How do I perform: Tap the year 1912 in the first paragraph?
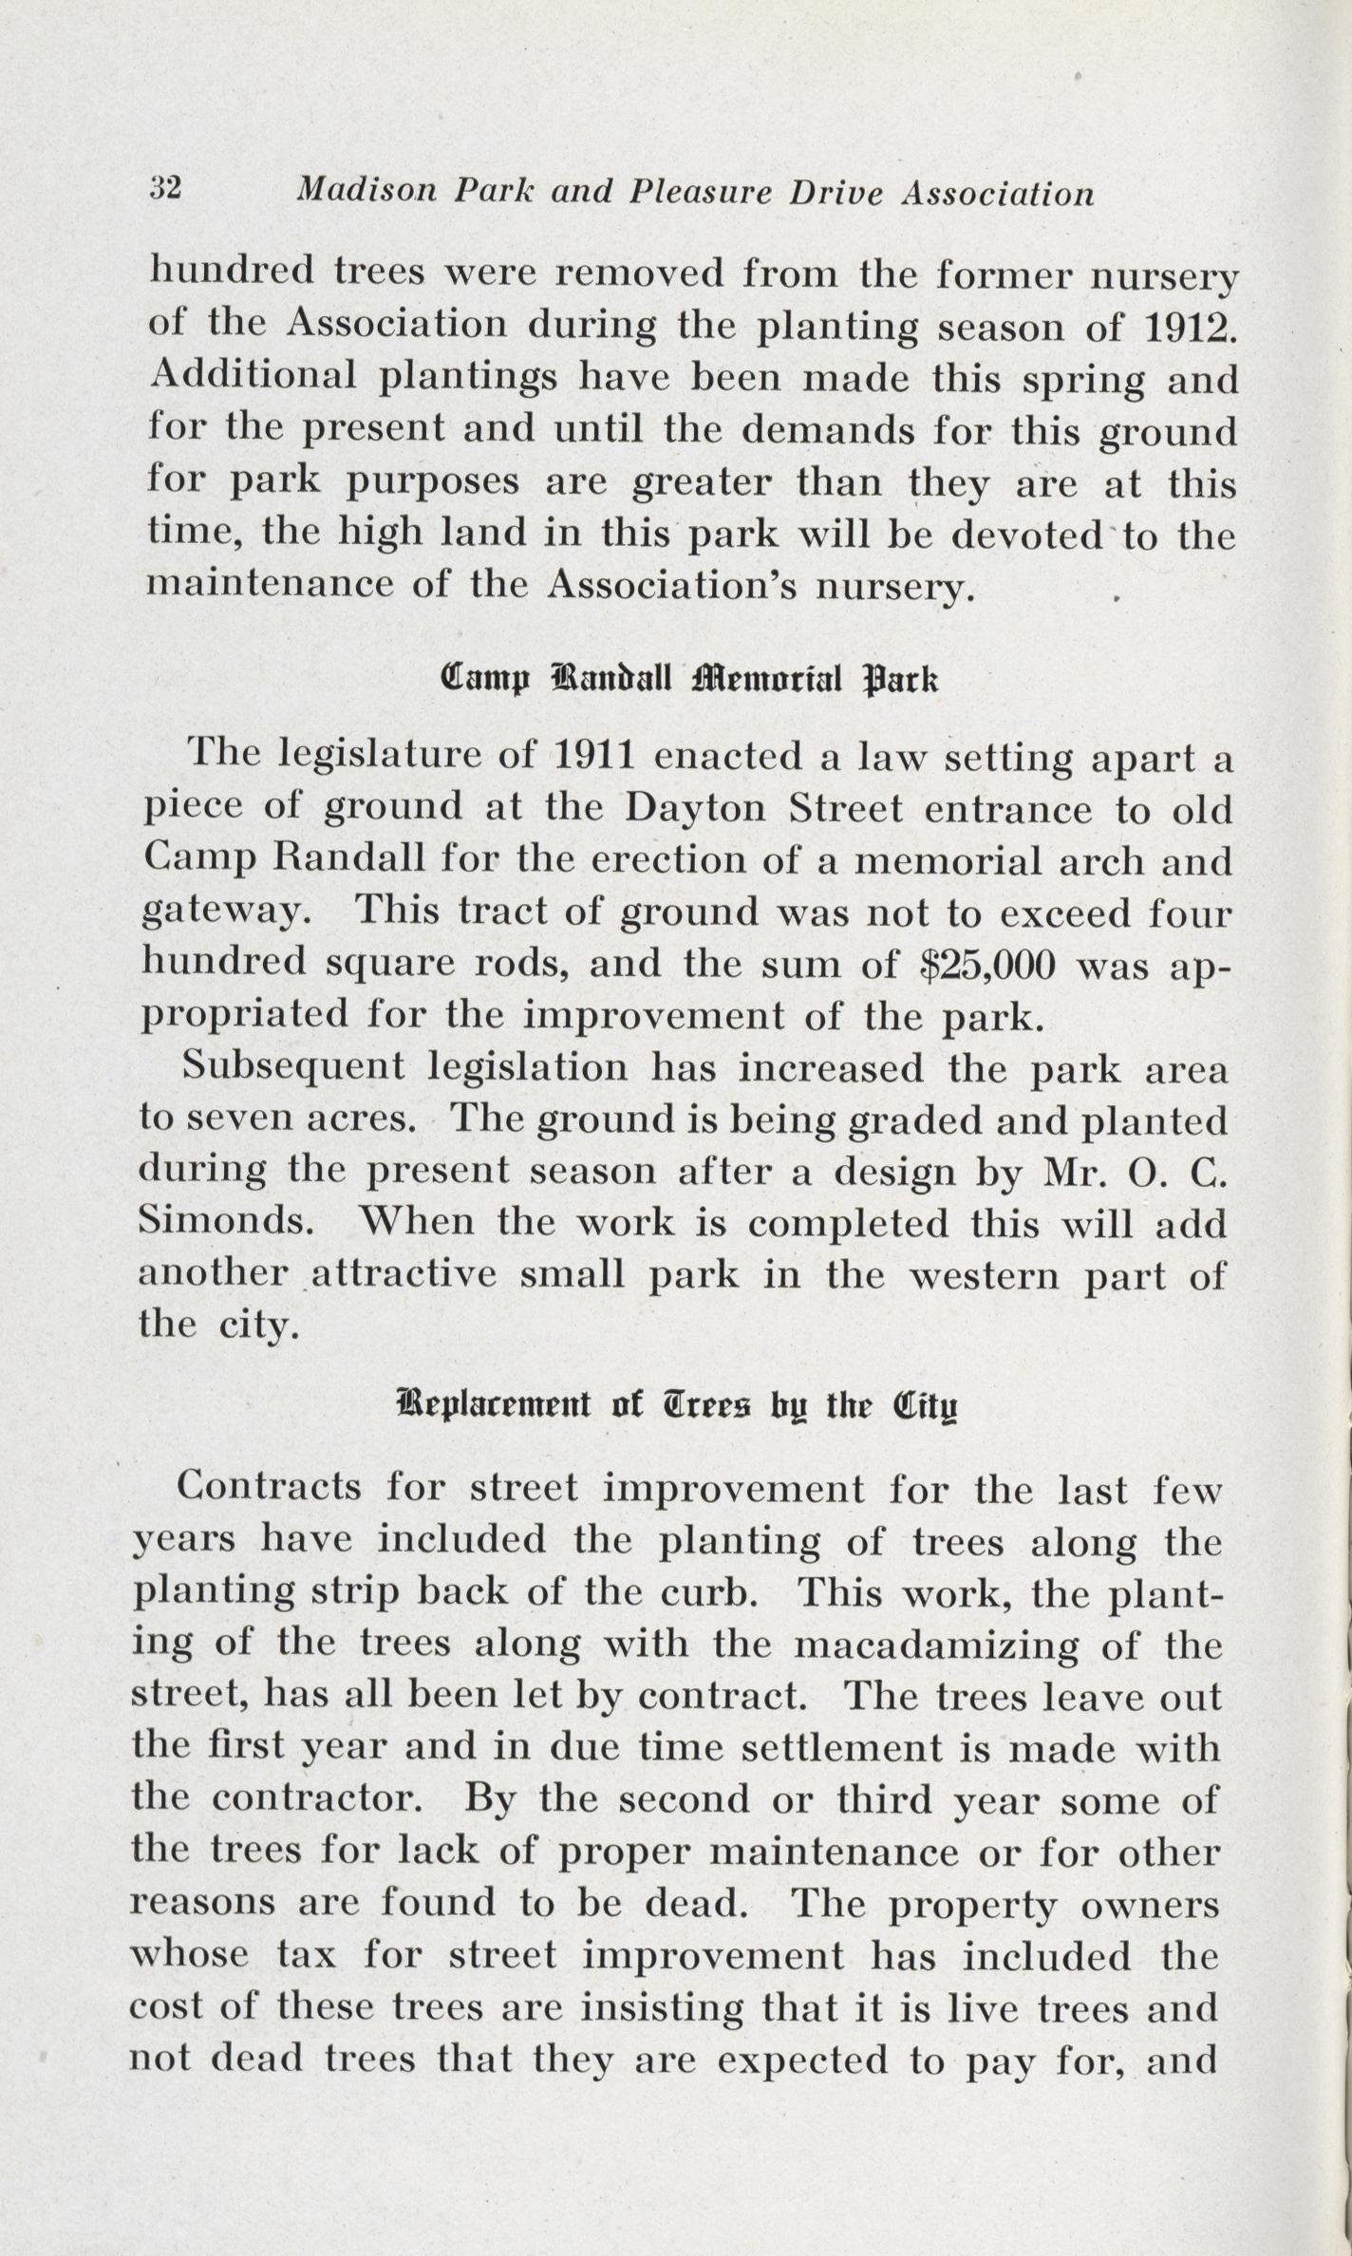pos(1192,325)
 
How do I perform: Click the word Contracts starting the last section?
pos(270,1486)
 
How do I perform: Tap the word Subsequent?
pos(293,1067)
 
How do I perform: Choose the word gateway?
pos(226,913)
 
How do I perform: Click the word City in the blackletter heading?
pos(926,1402)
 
